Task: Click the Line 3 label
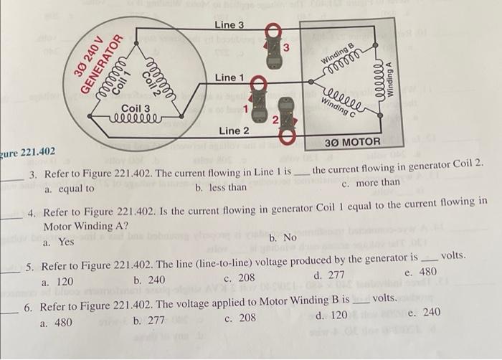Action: [229, 25]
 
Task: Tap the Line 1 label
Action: [229, 77]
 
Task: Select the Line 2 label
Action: [234, 131]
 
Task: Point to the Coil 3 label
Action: [136, 109]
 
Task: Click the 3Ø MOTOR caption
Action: [352, 142]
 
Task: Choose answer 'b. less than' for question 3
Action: [221, 188]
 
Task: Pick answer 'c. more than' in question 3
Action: [371, 184]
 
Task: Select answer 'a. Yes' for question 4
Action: [58, 242]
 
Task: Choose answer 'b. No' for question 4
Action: [283, 237]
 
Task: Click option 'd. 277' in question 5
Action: [330, 275]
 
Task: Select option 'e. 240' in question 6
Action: [424, 313]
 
